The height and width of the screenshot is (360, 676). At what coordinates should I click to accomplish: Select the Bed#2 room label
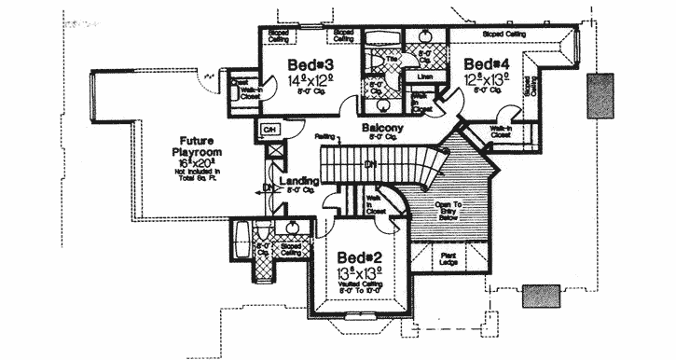point(359,256)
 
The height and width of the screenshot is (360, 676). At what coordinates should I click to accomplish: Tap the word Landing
point(298,179)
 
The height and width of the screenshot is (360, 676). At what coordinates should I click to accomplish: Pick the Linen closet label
point(424,76)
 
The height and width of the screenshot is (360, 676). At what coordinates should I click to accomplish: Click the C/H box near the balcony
point(269,128)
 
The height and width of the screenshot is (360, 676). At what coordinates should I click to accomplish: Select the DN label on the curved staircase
point(370,164)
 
